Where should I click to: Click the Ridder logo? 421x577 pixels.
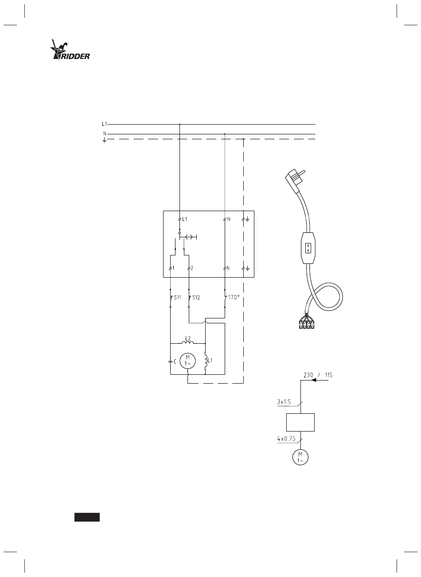[x=70, y=50]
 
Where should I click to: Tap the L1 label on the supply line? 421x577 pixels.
[x=104, y=124]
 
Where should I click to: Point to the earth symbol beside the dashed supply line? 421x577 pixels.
[x=104, y=140]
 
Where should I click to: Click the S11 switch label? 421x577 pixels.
[x=177, y=297]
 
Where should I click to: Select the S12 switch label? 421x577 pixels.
[x=196, y=297]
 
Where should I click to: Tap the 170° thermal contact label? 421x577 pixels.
[x=234, y=297]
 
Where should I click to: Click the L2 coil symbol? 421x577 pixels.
[x=188, y=342]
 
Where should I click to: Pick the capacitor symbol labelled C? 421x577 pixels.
[x=170, y=361]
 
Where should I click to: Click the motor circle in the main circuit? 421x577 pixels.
[x=187, y=361]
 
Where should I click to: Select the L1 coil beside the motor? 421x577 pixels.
[x=206, y=360]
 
